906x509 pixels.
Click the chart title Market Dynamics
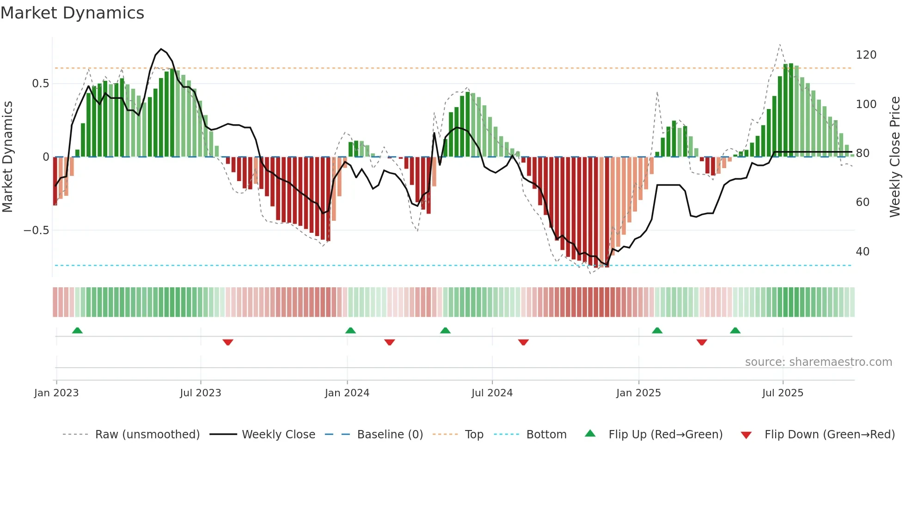(72, 13)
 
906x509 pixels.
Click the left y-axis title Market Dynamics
(8, 157)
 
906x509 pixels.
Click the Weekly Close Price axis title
(895, 157)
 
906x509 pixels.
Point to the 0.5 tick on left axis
(40, 84)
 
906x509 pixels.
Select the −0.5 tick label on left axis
(37, 230)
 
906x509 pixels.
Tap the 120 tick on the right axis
(866, 55)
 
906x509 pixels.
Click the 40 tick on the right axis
(863, 252)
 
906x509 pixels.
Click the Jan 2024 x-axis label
(347, 393)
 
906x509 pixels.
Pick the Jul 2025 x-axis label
(783, 393)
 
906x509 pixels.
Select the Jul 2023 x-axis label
(200, 393)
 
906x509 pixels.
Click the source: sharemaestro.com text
(818, 362)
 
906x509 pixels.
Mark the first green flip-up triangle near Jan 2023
(77, 330)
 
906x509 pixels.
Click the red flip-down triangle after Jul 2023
(227, 342)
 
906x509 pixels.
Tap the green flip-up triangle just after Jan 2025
(657, 330)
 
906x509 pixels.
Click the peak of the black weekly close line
(161, 49)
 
